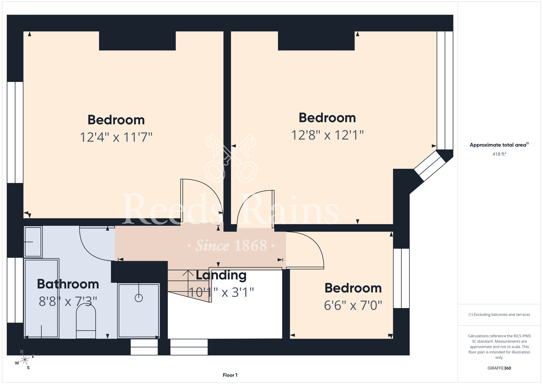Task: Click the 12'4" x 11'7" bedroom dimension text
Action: coord(116,137)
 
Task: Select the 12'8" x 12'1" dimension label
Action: coord(327,135)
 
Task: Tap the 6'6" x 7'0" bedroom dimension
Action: coord(353,305)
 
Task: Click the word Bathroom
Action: coord(68,284)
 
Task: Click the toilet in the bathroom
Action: coord(86,321)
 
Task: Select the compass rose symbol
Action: coord(25,360)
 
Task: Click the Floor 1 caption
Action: coord(230,375)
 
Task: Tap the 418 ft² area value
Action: coord(499,154)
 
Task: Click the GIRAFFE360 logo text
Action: coord(499,368)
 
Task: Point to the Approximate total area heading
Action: coord(499,145)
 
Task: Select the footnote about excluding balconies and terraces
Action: coord(499,314)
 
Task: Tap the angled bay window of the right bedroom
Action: coord(430,166)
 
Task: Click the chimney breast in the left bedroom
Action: coord(137,41)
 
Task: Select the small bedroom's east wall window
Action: coord(401,278)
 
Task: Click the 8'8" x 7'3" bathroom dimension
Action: coord(68,301)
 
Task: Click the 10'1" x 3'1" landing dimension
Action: coord(221,292)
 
